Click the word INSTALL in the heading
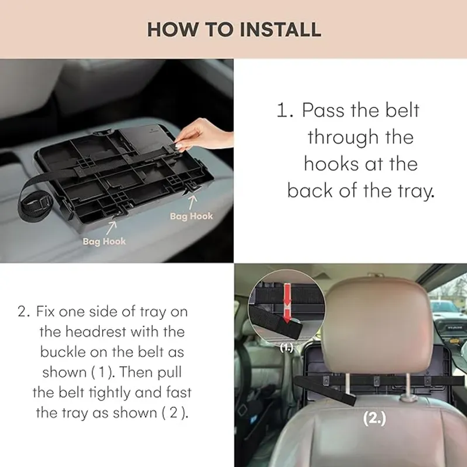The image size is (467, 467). coord(280,30)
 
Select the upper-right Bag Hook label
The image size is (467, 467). coord(191,216)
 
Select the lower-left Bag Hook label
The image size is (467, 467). coord(104,241)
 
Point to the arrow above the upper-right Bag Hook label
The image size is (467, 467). coord(192,202)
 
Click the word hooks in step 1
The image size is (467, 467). coord(331,164)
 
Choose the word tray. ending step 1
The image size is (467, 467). coord(416,192)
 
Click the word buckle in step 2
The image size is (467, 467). coord(62,352)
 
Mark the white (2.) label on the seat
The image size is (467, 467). coord(374,418)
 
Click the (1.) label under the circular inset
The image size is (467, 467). coord(287,348)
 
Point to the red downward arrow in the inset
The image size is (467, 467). coord(287,303)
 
